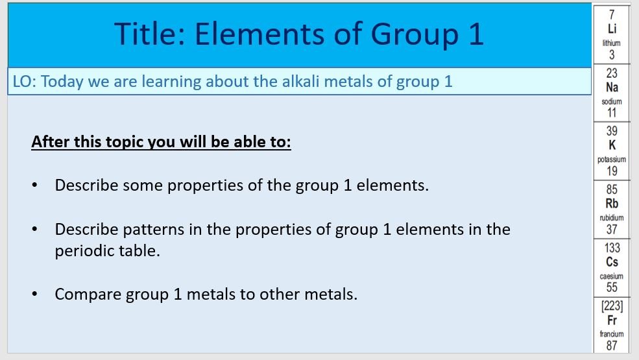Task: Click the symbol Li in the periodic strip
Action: [612, 29]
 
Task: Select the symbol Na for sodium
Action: [612, 88]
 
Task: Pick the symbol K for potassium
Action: [612, 145]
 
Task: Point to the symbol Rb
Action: [612, 204]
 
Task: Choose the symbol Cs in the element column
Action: [612, 262]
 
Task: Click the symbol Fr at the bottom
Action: [612, 320]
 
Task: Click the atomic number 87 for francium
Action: [612, 346]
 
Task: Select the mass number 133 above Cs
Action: [612, 248]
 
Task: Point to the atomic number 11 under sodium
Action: [612, 113]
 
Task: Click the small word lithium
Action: [611, 43]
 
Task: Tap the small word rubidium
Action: [612, 218]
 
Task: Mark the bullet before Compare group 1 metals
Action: [34, 294]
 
